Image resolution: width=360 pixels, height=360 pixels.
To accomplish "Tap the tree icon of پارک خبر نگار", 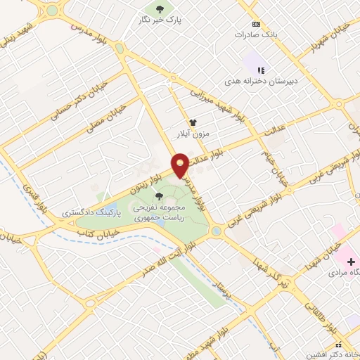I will [x=160, y=9].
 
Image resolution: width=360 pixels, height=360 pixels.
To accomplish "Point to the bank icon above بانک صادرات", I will [x=255, y=23].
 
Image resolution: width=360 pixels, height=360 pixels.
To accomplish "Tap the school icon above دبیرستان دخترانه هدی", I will [x=262, y=70].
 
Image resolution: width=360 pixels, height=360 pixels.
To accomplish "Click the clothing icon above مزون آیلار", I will [x=192, y=122].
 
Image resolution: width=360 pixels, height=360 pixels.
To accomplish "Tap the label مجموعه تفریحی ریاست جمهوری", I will [x=162, y=213].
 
